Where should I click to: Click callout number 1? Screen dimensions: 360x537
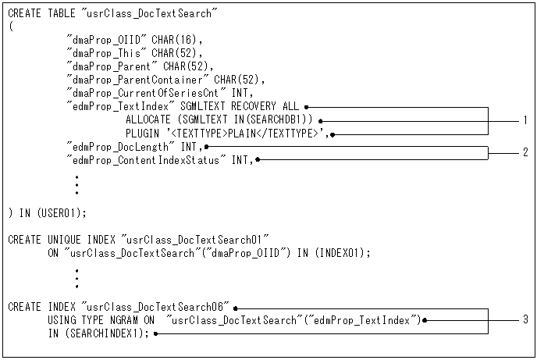(525, 120)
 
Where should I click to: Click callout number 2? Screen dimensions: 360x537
(525, 152)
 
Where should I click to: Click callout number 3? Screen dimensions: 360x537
(525, 319)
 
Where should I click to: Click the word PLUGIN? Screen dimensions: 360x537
(142, 133)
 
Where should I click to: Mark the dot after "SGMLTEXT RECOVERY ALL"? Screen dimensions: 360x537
(308, 106)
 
